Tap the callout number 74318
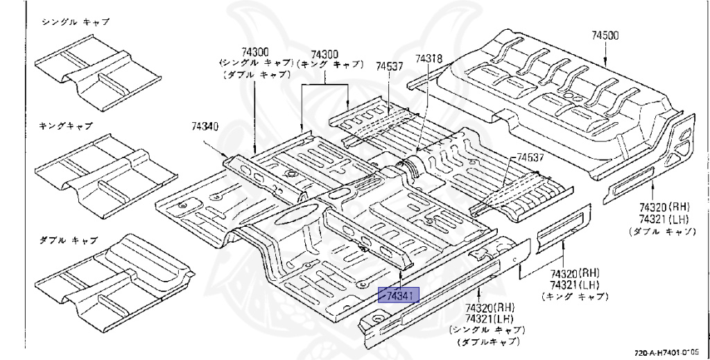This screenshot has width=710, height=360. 428,60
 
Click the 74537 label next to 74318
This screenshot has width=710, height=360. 390,67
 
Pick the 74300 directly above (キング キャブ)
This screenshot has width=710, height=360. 324,54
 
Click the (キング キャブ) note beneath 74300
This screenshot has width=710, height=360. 330,64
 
